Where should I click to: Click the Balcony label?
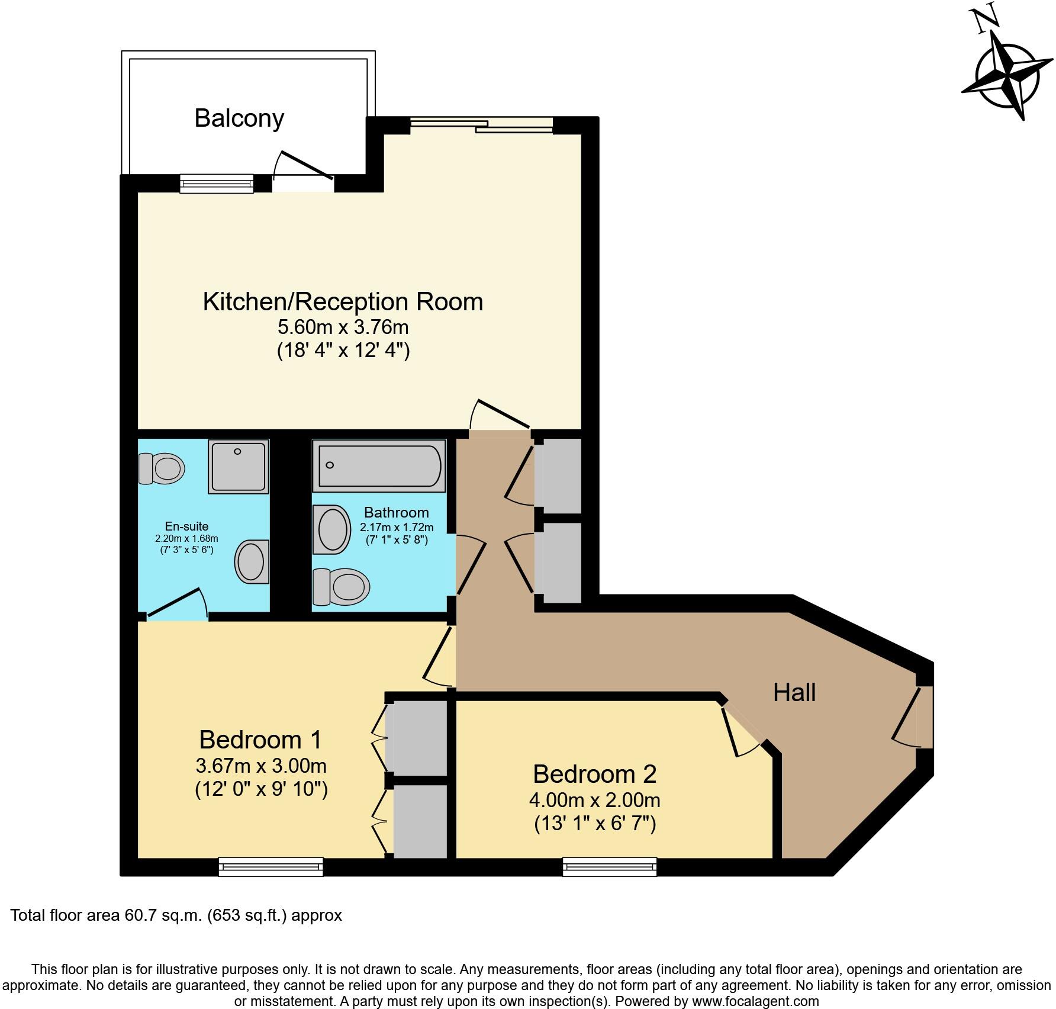point(239,118)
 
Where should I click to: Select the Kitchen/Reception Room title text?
point(343,301)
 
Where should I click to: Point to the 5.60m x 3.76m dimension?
point(343,327)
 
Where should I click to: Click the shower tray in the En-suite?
point(239,467)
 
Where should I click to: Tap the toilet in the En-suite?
point(162,469)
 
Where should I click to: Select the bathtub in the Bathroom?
point(379,466)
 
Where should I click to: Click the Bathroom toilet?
point(341,587)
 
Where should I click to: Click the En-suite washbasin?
point(253,561)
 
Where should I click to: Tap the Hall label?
point(794,692)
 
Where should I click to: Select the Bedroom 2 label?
point(594,775)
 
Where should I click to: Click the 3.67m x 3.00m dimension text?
point(261,766)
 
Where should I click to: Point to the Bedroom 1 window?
point(271,867)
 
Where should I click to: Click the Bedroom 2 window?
point(610,867)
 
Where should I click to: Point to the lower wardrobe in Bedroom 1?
point(420,821)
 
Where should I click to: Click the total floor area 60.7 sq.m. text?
point(176,915)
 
